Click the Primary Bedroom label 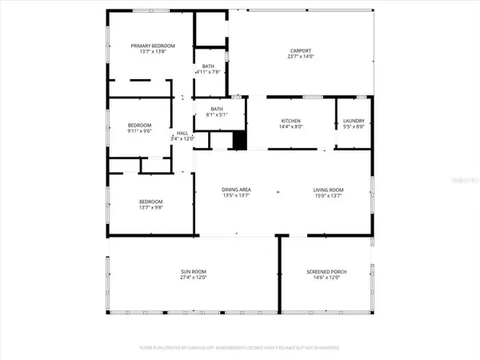(x=153, y=46)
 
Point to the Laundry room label (x=354, y=120)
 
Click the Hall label (x=182, y=133)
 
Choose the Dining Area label (x=237, y=189)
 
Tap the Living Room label (x=328, y=189)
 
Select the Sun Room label (x=193, y=272)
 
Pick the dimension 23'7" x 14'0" (x=302, y=56)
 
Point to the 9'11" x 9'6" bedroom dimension (x=140, y=131)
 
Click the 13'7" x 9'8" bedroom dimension (x=151, y=207)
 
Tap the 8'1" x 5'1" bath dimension (x=216, y=114)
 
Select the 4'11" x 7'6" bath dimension (x=208, y=73)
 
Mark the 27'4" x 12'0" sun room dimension (x=193, y=279)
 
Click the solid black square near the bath (x=238, y=140)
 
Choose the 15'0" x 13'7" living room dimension (x=328, y=195)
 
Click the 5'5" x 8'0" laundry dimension (x=354, y=126)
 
